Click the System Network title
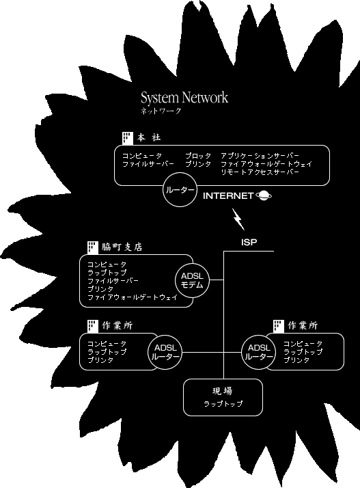[x=184, y=98]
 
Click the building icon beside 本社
[x=128, y=138]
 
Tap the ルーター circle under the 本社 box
[x=180, y=190]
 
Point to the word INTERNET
[x=228, y=195]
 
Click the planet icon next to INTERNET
[x=264, y=195]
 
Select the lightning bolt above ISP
[x=238, y=219]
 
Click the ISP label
[x=249, y=242]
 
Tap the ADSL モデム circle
[x=192, y=280]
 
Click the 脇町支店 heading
[x=122, y=247]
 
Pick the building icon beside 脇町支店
[x=93, y=247]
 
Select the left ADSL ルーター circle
[x=165, y=352]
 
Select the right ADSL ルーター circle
[x=259, y=352]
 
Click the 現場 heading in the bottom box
[x=222, y=391]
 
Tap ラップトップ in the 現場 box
[x=223, y=404]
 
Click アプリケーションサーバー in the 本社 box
[x=260, y=156]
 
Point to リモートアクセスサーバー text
[x=260, y=172]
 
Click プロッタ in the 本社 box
[x=198, y=156]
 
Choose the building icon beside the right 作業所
[x=279, y=326]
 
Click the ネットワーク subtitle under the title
[x=161, y=111]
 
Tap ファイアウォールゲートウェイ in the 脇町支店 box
[x=133, y=297]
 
